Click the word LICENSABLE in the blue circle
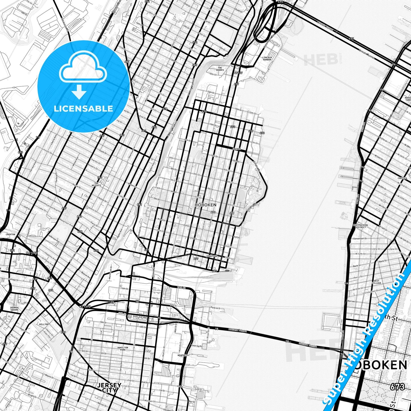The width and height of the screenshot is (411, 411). pyautogui.click(x=83, y=109)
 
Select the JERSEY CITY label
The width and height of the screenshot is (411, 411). pyautogui.click(x=110, y=388)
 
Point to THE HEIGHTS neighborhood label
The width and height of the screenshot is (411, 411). pyautogui.click(x=96, y=184)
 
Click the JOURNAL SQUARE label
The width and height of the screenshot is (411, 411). pyautogui.click(x=14, y=309)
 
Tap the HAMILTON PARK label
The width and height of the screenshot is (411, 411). pyautogui.click(x=123, y=349)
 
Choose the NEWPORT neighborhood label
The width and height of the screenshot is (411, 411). pyautogui.click(x=182, y=355)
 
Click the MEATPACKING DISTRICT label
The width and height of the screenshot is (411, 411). pyautogui.click(x=360, y=226)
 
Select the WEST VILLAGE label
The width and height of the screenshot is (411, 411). pyautogui.click(x=377, y=282)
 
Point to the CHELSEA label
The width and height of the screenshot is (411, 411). pyautogui.click(x=402, y=178)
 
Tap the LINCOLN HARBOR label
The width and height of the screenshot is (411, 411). pyautogui.click(x=267, y=59)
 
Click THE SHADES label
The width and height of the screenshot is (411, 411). pyautogui.click(x=220, y=69)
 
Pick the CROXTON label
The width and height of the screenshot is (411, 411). pyautogui.click(x=11, y=234)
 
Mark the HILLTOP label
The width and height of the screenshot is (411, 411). pyautogui.click(x=44, y=324)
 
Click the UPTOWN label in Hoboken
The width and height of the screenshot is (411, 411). pyautogui.click(x=236, y=149)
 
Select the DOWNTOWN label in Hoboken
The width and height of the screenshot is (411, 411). pyautogui.click(x=212, y=256)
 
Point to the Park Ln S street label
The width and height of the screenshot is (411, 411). pyautogui.click(x=215, y=308)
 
